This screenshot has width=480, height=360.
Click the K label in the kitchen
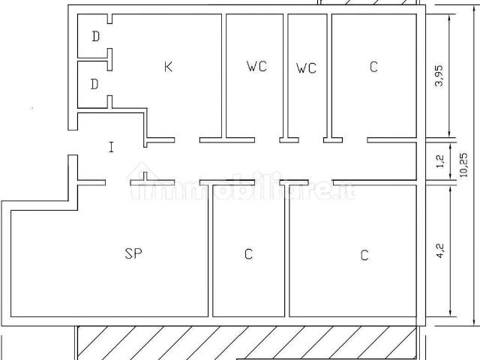pos(168,67)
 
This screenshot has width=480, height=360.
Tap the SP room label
pos(133,253)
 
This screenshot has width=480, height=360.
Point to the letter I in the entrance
pos(112,147)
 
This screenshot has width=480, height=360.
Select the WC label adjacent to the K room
pos(256,66)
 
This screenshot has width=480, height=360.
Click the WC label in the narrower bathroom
pos(306,68)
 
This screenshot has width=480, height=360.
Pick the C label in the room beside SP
pos(248,254)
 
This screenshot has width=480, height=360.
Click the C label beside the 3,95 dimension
pos(373,67)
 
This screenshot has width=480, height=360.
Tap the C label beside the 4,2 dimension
pos(364,255)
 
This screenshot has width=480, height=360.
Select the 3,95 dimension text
pos(439,76)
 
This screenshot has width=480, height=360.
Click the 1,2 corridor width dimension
pos(440,161)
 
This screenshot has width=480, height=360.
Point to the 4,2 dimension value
pos(440,250)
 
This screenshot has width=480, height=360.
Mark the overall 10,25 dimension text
pos(463,165)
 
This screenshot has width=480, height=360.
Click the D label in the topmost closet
pos(96,37)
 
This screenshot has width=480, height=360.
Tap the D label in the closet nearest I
pos(94,84)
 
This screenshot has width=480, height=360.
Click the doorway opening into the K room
pos(187,140)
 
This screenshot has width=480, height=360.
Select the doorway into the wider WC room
pos(267,140)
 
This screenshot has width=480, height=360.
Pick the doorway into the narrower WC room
pos(311,140)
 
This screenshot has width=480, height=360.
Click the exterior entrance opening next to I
pos(73,142)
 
